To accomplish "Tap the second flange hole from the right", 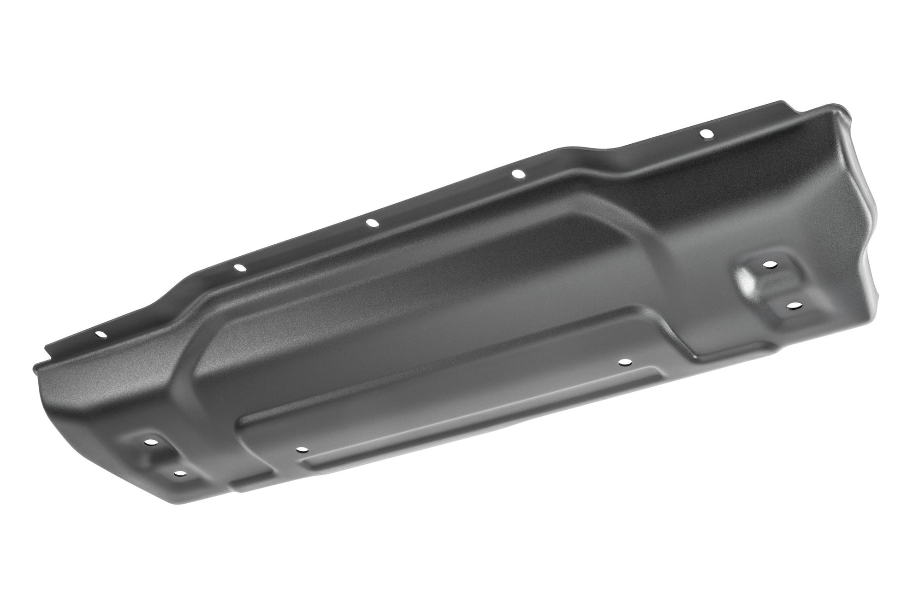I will coord(518,174).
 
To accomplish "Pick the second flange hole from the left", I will coord(239,267).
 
